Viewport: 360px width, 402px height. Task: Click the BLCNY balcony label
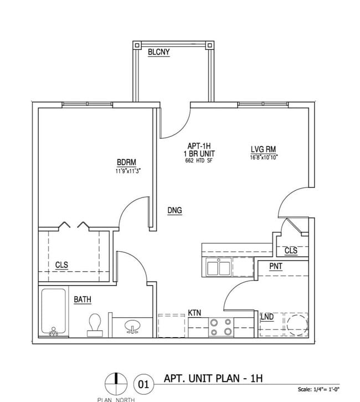pos(158,53)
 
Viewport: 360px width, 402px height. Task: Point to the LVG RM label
pos(264,149)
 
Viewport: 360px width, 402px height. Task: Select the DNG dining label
pos(175,210)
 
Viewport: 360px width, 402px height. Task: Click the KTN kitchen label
pos(194,313)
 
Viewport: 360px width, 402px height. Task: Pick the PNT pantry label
pos(276,267)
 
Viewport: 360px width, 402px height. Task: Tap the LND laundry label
pos(268,317)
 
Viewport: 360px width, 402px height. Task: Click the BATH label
pos(83,299)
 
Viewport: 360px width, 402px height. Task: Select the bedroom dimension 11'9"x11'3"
pos(127,171)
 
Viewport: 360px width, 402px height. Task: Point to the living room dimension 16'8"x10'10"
pos(264,157)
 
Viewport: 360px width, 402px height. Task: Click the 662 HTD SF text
pos(199,161)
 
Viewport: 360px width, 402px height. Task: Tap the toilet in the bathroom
pos(95,324)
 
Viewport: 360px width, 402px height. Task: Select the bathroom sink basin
pos(133,327)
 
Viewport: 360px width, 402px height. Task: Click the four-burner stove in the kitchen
pos(221,327)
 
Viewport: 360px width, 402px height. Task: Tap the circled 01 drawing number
pos(143,383)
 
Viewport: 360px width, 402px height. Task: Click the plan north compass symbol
pos(116,383)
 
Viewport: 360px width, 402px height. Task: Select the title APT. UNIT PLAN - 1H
pos(213,379)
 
